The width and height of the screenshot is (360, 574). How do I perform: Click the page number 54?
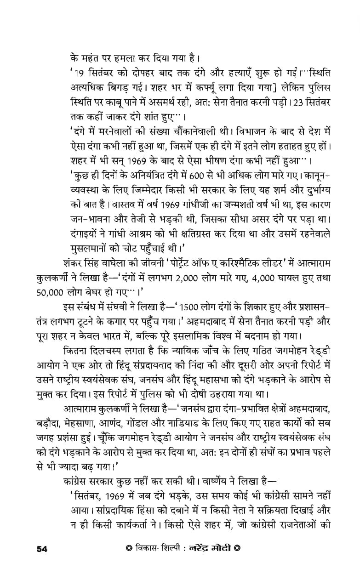click(42, 548)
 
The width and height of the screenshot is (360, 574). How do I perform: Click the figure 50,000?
click(51, 292)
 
